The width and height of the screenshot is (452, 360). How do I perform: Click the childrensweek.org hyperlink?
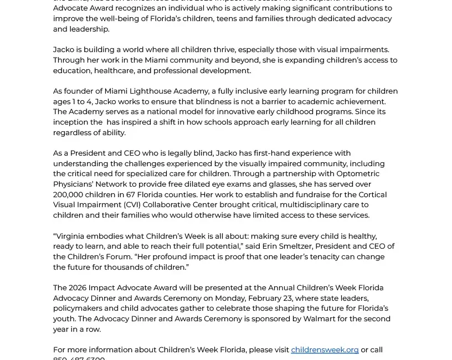coord(325,349)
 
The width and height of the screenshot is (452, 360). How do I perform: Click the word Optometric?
coord(358,173)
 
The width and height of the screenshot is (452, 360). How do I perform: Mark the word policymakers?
coord(77,308)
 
